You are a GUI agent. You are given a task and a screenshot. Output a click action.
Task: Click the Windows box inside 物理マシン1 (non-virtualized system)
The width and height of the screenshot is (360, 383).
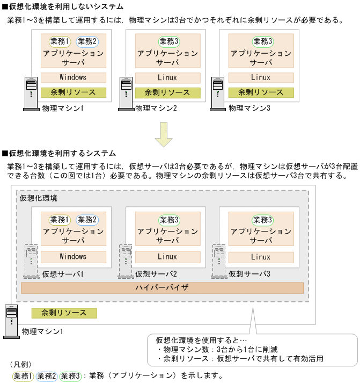coord(73,77)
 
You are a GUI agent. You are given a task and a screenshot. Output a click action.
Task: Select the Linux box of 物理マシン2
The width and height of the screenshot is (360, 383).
coord(167,77)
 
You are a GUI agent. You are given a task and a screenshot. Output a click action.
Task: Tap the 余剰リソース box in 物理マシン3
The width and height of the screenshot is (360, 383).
coord(260,92)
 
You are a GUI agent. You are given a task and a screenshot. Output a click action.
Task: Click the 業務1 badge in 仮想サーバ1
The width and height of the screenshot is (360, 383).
coord(60,220)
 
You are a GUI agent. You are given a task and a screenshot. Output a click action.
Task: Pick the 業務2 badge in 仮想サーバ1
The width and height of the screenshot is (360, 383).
coord(87,220)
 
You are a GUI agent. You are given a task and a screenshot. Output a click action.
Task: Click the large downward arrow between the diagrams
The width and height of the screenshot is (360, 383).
coord(163,134)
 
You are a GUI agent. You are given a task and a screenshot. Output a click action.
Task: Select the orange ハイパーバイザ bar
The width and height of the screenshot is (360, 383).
coord(161,288)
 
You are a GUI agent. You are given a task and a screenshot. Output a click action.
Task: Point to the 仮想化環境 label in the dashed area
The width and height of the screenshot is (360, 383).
coord(38,198)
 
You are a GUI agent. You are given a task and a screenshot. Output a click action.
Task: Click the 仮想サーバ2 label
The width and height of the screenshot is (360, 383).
coord(156,274)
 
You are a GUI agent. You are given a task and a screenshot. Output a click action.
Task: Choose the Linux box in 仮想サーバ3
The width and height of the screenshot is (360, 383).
coord(260,257)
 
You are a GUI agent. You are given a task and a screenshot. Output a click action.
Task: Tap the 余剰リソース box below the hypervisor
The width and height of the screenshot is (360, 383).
coord(64,313)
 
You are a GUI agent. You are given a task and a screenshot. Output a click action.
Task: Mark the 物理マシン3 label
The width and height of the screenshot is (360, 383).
coord(249,109)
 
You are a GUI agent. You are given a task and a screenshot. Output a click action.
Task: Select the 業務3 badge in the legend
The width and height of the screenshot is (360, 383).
coord(70,375)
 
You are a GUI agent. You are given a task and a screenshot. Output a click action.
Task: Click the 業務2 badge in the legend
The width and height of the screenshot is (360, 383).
coord(47,375)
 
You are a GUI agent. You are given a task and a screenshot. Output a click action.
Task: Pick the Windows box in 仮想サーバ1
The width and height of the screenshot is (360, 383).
coord(73,257)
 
